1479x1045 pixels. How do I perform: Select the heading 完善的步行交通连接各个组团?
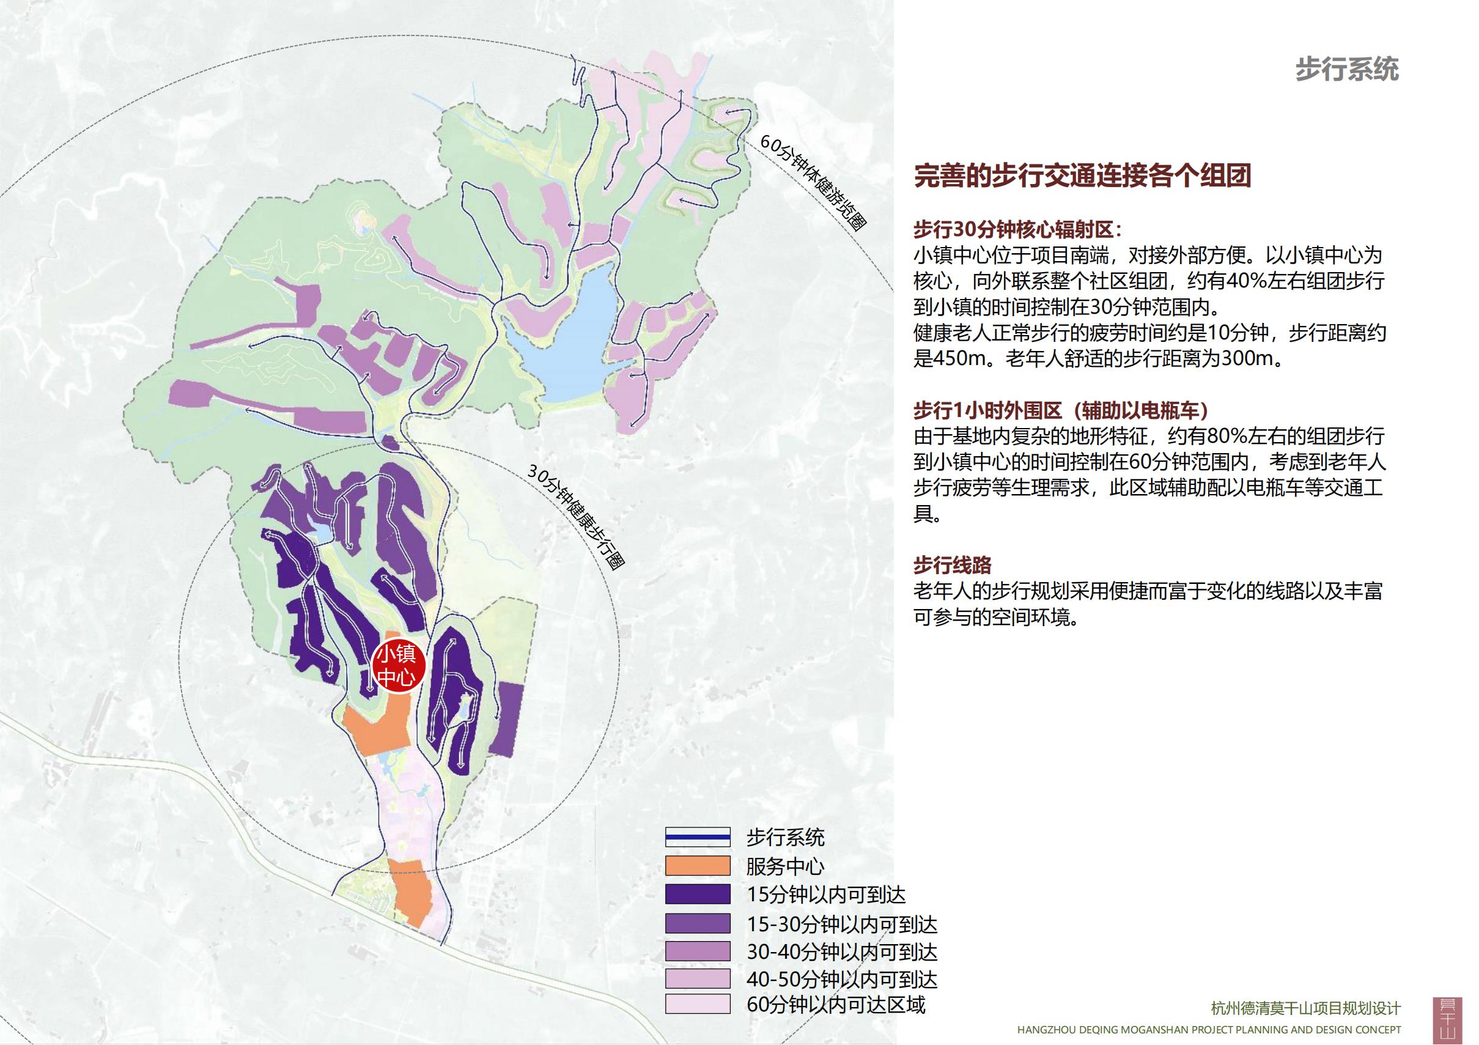[x=1082, y=175]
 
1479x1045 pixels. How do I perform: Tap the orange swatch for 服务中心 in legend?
[x=698, y=865]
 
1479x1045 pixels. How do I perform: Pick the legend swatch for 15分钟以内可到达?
[x=698, y=894]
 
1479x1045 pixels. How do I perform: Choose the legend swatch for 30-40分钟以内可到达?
[x=698, y=951]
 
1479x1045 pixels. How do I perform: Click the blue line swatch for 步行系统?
[x=698, y=837]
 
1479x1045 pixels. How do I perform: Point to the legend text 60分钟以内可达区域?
[x=835, y=1005]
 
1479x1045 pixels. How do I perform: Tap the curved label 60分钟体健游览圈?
[x=813, y=182]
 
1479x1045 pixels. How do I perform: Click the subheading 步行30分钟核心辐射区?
[x=1017, y=229]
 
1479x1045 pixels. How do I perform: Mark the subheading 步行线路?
[x=952, y=565]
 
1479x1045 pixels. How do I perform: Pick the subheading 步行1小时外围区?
[x=987, y=410]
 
